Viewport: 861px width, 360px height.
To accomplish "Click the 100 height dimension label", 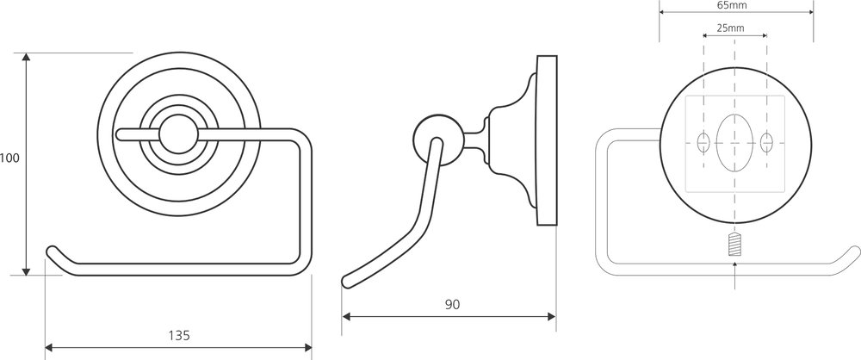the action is (x=9, y=158).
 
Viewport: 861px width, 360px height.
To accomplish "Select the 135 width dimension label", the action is (x=179, y=335).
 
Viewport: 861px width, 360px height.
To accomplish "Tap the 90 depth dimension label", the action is (x=453, y=305).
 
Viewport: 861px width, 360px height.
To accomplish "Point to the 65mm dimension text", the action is (x=732, y=5).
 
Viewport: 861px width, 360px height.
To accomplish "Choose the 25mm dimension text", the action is (x=730, y=28).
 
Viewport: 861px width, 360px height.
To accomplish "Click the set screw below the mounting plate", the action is (x=734, y=245).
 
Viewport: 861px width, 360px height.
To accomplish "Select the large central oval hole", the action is (x=734, y=142).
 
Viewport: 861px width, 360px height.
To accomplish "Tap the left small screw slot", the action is (x=703, y=142).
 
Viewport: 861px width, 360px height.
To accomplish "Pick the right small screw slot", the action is (x=766, y=142).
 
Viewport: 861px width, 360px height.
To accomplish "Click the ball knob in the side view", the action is (x=435, y=140).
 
